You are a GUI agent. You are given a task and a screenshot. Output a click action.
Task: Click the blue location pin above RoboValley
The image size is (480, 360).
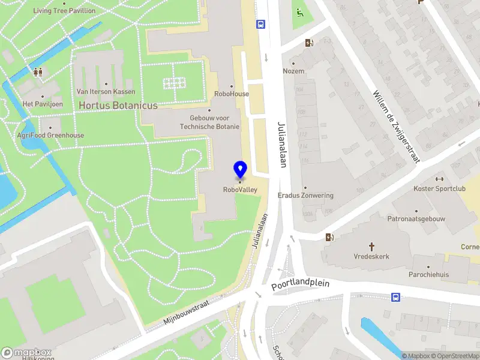[240, 169]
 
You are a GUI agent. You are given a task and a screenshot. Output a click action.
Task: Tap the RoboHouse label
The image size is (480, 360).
[232, 94]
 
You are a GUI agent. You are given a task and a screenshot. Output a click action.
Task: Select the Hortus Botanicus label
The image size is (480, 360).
[118, 106]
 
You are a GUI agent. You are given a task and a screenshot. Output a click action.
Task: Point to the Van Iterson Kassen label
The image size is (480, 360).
[106, 92]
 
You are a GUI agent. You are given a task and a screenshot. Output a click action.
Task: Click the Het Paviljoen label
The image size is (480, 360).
[43, 104]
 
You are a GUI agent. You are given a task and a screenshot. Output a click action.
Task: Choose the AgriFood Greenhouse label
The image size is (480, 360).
[50, 135]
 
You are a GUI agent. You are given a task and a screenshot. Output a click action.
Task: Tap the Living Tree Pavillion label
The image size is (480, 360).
[64, 11]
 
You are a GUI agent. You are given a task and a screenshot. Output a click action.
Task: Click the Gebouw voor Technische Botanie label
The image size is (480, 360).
[209, 122]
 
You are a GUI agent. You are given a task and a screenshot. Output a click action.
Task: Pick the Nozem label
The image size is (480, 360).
[294, 71]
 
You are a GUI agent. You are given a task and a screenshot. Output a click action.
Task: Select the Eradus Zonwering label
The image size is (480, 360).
[305, 196]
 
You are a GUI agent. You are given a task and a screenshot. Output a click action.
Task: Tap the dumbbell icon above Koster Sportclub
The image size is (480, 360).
[439, 179]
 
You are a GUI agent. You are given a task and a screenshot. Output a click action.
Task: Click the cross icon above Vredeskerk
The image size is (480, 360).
[371, 246]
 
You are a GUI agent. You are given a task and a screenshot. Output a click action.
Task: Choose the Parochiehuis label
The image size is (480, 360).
[428, 274]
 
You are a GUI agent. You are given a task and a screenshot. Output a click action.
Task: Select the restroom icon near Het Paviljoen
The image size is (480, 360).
[38, 72]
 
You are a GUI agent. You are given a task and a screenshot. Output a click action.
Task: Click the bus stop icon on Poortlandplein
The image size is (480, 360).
[395, 297]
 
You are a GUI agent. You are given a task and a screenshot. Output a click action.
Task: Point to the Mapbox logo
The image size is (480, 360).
[26, 353]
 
